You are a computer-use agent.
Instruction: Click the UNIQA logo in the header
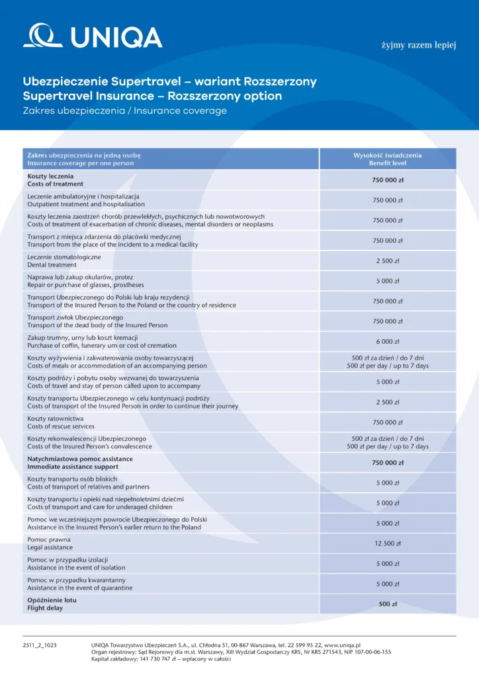coord(93,36)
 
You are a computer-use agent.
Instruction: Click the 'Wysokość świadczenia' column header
coord(388,155)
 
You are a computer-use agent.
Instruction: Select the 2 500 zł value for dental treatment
coord(388,261)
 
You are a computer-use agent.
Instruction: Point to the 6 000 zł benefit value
coord(388,342)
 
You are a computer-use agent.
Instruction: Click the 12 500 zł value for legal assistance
coord(388,543)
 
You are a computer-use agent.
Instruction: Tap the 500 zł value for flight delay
coord(388,604)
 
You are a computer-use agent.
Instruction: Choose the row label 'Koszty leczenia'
coord(50,176)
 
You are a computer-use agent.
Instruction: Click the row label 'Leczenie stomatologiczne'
coord(64,257)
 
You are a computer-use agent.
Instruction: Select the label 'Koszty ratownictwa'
coord(55,418)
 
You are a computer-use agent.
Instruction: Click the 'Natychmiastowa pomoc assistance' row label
coord(79,459)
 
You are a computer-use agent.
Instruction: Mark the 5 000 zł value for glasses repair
coord(388,281)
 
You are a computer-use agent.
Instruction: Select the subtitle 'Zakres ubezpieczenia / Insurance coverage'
coord(124,111)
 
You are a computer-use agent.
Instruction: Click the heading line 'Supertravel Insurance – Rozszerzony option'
coord(152,97)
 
